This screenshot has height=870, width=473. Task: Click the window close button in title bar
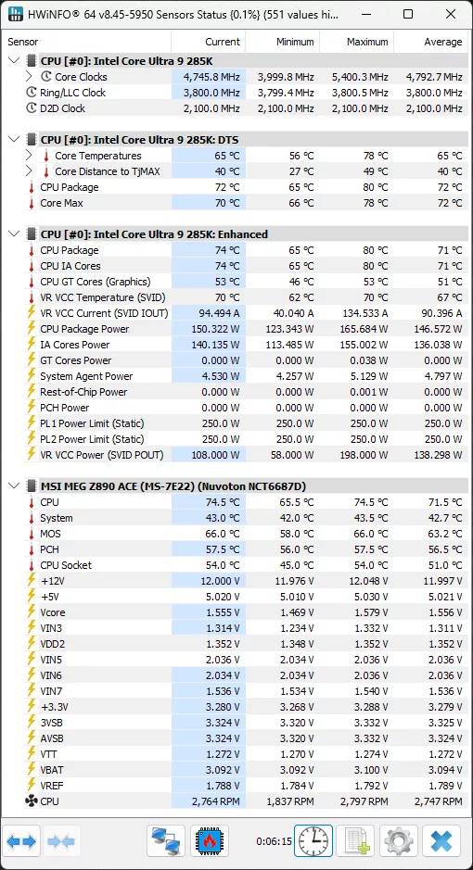tap(448, 15)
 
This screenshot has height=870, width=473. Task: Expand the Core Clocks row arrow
tap(29, 77)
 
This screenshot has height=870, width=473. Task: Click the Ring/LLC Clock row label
tap(72, 93)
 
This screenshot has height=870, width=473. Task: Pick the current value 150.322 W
tap(212, 329)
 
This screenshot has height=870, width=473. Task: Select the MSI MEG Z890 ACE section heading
tap(173, 485)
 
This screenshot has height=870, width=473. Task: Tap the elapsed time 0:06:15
tap(274, 842)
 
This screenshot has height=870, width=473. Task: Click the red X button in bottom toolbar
tap(441, 841)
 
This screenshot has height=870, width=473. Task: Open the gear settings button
tap(399, 841)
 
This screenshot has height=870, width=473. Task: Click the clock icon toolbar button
tap(313, 841)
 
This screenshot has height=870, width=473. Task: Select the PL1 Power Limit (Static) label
tap(92, 423)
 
